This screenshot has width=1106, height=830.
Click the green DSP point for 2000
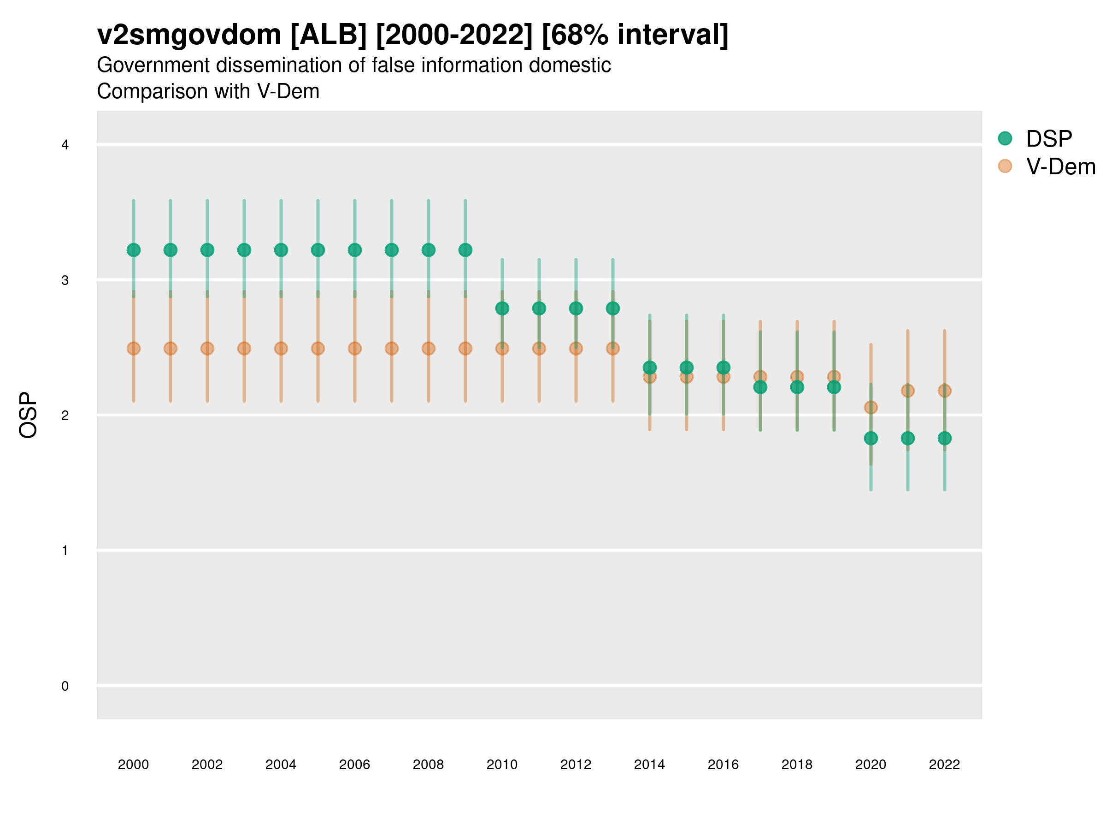point(134,249)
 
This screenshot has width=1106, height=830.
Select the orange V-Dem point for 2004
point(281,348)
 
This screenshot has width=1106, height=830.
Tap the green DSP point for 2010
point(502,308)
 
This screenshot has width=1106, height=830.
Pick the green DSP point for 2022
point(945,438)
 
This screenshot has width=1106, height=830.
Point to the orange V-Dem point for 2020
point(871,407)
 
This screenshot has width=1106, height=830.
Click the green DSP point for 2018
point(797,387)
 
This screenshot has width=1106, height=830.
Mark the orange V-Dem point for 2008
point(429,348)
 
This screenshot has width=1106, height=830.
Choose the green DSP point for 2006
point(354,249)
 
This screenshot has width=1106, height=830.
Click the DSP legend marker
point(1005,139)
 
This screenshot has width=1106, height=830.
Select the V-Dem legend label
point(1060,166)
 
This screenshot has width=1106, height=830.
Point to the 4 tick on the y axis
point(65,145)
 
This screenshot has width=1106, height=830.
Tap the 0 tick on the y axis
point(65,686)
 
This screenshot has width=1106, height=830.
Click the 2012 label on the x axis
point(576,765)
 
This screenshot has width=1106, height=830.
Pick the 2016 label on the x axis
point(723,765)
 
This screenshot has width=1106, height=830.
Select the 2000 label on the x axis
point(134,765)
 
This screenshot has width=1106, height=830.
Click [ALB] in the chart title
point(329,35)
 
